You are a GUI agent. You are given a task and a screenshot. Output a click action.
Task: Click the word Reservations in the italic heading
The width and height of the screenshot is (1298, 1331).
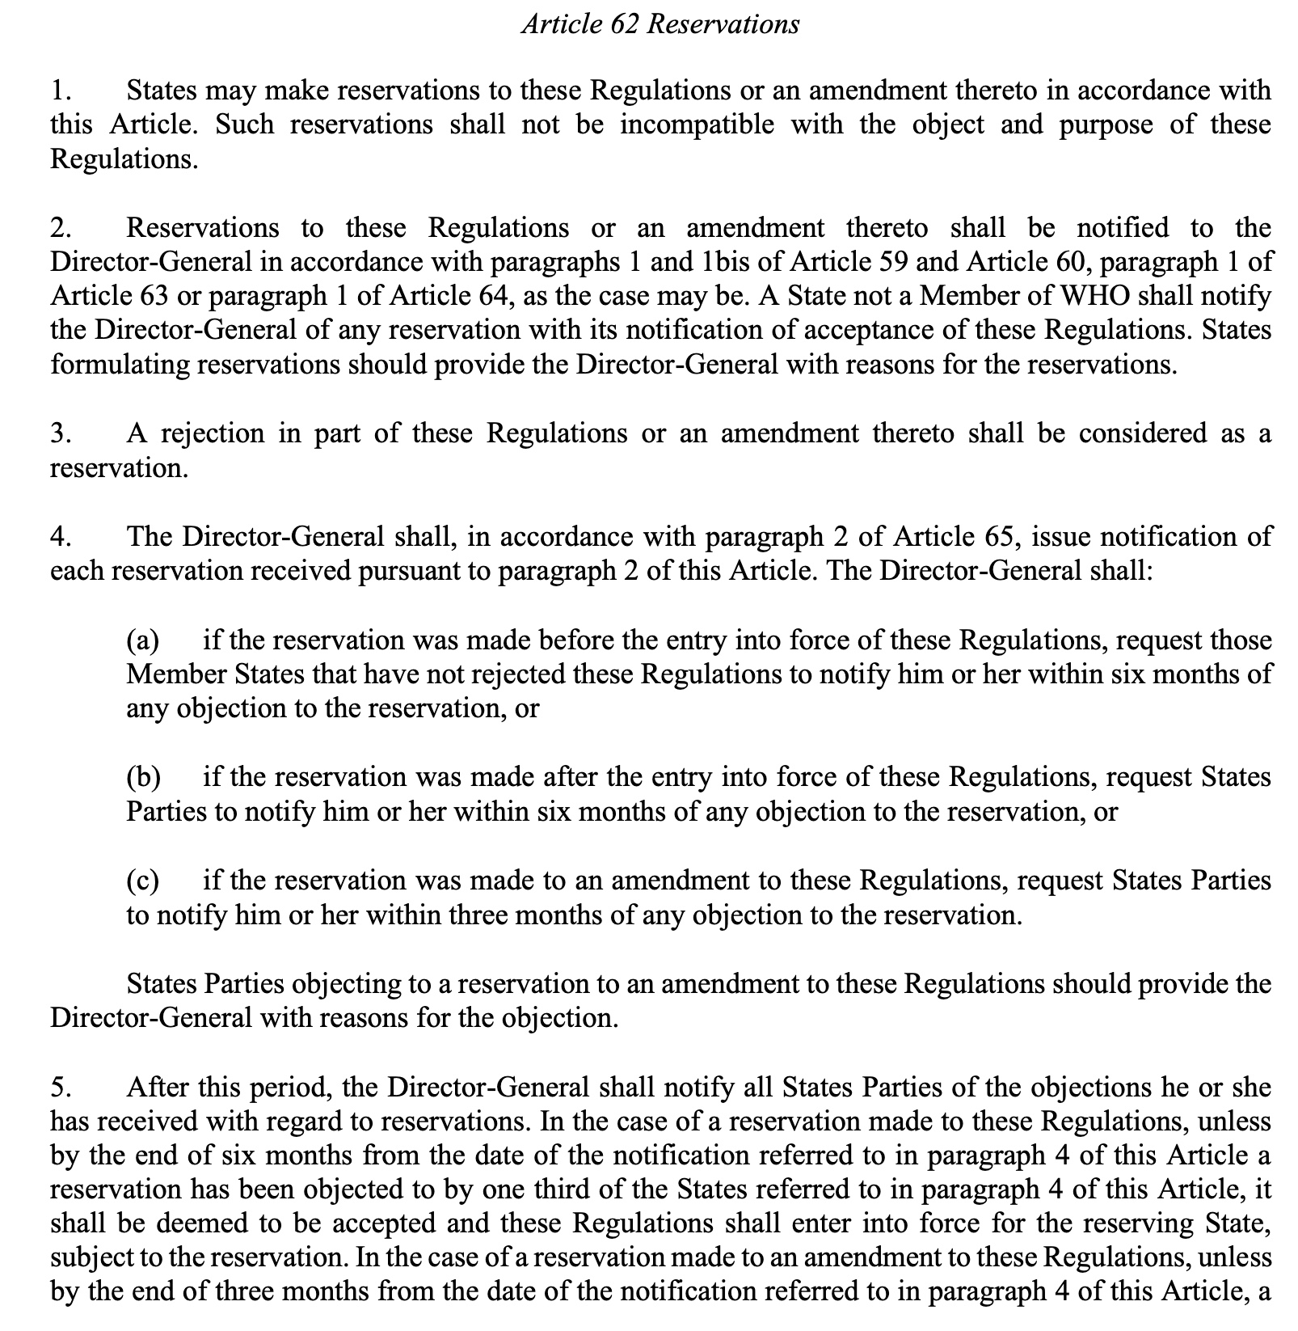coord(723,24)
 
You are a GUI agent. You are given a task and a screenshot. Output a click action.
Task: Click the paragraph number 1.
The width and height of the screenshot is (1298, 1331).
coord(58,91)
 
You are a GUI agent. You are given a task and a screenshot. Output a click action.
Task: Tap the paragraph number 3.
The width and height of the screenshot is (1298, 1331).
coord(58,434)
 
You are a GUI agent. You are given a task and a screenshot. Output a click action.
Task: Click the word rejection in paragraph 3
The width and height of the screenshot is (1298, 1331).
coord(213,434)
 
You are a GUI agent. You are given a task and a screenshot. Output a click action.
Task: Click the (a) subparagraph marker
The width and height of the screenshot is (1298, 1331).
coord(144,640)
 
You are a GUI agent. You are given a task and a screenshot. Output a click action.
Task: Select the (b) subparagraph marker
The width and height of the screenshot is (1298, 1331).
coord(144,777)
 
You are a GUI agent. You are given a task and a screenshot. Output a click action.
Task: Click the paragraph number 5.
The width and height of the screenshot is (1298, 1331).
coord(58,1088)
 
